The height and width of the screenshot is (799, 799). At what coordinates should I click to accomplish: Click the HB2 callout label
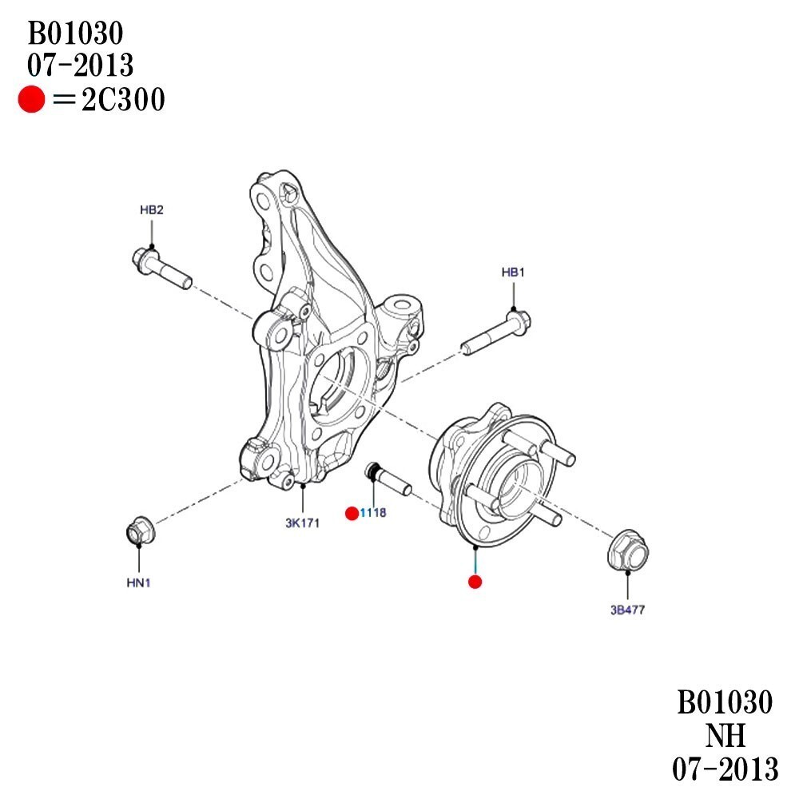click(151, 210)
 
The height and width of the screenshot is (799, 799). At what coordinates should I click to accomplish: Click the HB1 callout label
click(513, 272)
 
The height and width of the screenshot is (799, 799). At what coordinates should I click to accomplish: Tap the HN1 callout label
click(138, 583)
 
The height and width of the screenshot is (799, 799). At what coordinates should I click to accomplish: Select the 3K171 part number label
click(302, 524)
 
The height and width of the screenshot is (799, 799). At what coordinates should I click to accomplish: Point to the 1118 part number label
click(373, 513)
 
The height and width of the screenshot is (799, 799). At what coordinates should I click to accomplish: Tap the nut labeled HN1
click(141, 531)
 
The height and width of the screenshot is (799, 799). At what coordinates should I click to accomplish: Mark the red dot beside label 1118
click(351, 513)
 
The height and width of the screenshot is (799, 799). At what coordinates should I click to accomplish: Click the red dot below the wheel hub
click(475, 581)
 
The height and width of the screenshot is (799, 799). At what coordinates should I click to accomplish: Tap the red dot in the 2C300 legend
click(31, 101)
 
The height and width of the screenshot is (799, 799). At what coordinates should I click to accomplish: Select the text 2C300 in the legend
click(123, 101)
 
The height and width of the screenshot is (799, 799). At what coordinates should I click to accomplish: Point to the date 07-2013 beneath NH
click(725, 769)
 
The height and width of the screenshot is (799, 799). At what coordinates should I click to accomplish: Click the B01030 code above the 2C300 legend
click(76, 34)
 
